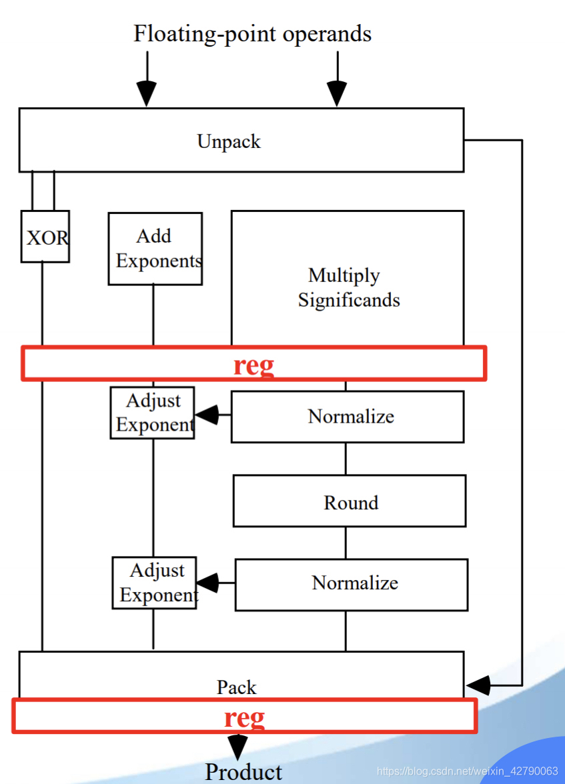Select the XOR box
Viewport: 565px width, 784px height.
pos(45,237)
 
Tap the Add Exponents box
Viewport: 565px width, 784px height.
pos(155,248)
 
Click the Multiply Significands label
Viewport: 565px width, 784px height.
pos(348,287)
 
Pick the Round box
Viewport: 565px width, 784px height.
pos(350,501)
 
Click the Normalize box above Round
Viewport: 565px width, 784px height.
pos(348,416)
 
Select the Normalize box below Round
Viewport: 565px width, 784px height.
pos(352,584)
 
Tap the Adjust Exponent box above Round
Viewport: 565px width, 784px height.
pos(153,413)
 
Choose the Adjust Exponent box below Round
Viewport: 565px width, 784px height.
pos(155,582)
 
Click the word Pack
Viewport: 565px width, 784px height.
pos(236,687)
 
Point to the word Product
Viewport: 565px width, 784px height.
pos(243,771)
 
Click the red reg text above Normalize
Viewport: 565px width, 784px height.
pos(253,365)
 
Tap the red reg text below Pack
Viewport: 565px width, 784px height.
pos(244,717)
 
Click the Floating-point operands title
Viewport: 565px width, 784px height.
pos(252,33)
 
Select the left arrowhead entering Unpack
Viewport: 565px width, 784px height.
pos(147,93)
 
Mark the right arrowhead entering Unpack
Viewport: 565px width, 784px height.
pos(337,93)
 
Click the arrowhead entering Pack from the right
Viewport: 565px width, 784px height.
pos(478,685)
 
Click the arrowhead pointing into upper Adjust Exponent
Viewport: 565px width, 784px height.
pos(207,415)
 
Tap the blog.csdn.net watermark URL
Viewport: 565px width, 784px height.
pos(467,771)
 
